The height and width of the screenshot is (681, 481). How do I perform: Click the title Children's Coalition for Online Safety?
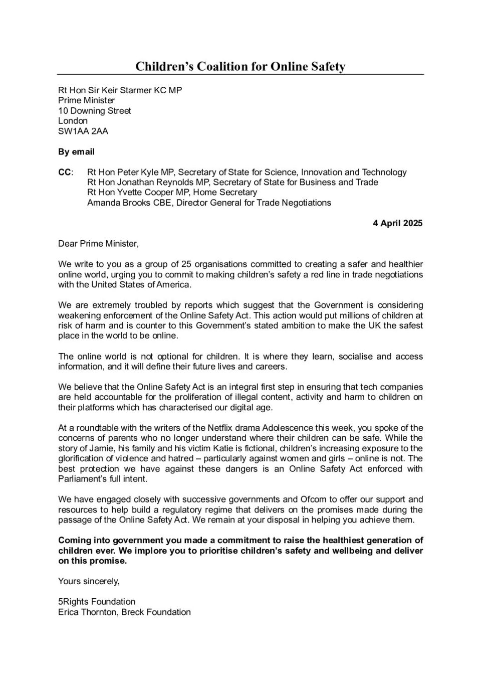coord(241,66)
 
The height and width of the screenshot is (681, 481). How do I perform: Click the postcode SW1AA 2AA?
coord(83,131)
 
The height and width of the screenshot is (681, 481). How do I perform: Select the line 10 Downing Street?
coord(95,111)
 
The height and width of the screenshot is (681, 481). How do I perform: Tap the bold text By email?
coord(76,151)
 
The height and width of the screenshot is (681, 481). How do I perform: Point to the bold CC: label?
coord(66,172)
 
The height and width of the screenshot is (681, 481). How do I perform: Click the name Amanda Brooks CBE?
coord(129,203)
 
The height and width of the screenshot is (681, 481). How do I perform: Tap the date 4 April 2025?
coord(397,223)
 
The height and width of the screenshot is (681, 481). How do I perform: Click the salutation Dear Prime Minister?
coord(98,244)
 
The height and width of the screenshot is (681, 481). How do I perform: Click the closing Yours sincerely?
coord(89,581)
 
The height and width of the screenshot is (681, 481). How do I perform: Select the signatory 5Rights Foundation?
coord(97,602)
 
